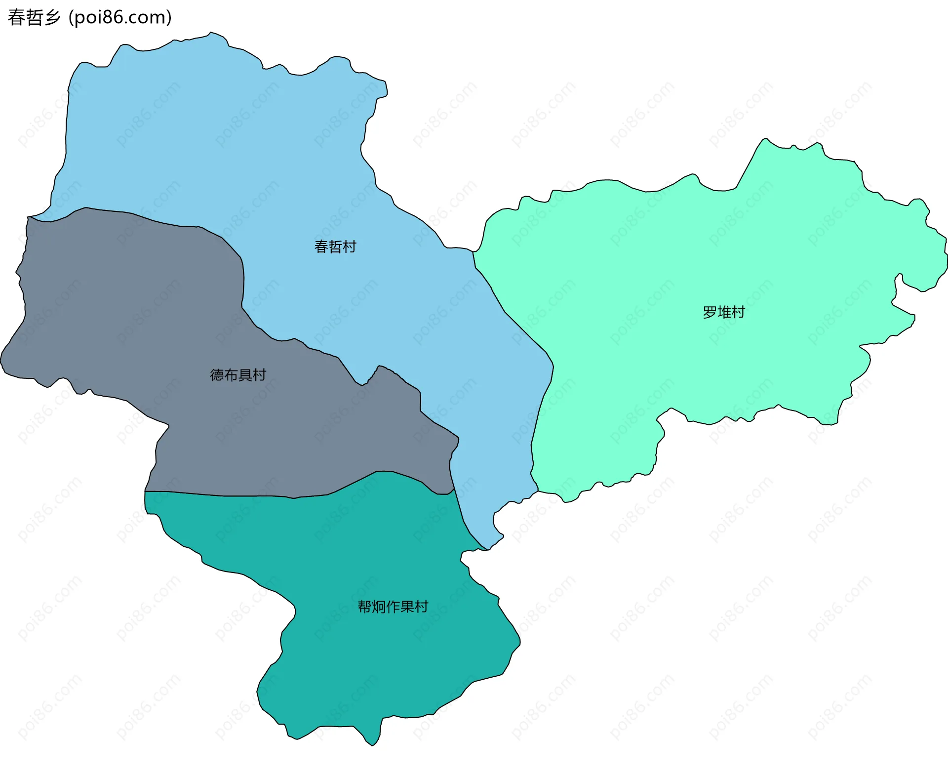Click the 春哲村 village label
click(335, 246)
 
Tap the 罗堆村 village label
click(723, 312)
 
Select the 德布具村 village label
click(238, 375)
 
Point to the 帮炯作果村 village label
click(393, 607)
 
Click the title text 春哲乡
click(34, 17)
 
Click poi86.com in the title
click(120, 17)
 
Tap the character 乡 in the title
click(52, 17)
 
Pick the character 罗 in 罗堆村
click(710, 312)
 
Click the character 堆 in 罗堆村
click(724, 312)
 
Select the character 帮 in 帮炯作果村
click(364, 607)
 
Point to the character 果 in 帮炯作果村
click(407, 607)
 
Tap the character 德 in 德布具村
click(217, 375)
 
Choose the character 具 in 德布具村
click(245, 375)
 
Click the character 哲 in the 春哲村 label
click(335, 246)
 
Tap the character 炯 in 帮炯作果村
click(378, 607)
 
